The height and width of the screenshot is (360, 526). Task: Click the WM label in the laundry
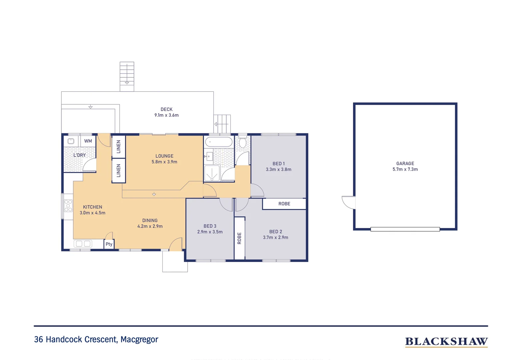[x=88, y=141]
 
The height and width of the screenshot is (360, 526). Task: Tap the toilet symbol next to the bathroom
[x=243, y=143]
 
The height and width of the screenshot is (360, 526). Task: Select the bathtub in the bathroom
[x=219, y=142]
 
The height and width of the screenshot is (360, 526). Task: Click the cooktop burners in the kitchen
[x=68, y=206]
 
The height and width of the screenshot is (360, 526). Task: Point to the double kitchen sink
[x=83, y=244]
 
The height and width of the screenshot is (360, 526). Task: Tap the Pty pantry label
[x=109, y=244]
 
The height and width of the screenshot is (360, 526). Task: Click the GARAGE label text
[x=405, y=163]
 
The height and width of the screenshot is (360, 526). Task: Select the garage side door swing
[x=349, y=202]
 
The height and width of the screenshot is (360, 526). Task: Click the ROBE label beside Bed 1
[x=284, y=204]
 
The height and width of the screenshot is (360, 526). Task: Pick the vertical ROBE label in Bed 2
[x=239, y=238]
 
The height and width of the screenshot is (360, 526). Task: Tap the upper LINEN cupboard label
[x=118, y=147]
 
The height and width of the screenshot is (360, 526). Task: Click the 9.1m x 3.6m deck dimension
[x=166, y=115]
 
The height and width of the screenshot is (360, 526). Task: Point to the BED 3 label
[x=210, y=226]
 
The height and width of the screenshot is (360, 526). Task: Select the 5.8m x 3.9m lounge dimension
[x=164, y=162]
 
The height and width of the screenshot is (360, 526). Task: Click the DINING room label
[x=150, y=220]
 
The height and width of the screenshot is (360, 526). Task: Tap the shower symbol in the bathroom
[x=212, y=173]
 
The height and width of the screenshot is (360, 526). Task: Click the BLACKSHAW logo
[x=446, y=342]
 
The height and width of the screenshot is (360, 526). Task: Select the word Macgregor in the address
[x=139, y=339]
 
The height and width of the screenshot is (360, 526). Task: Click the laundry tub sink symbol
[x=71, y=141]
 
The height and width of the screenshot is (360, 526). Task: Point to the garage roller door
[x=405, y=229]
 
